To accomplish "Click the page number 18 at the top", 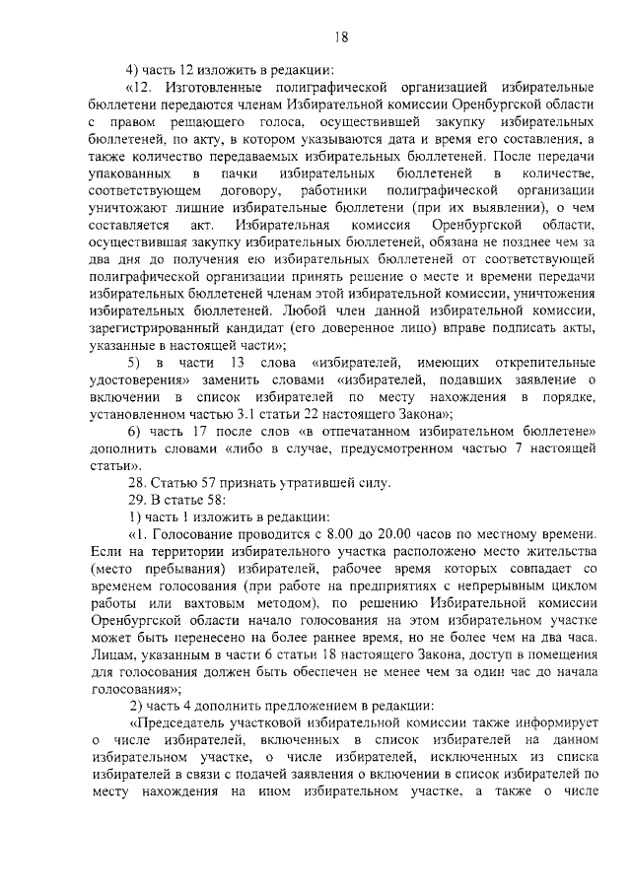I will (x=341, y=37).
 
